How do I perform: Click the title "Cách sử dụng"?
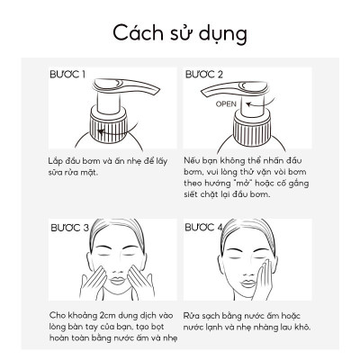pos(179,32)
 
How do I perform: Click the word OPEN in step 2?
pos(227,103)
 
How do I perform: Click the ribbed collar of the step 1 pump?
pos(117,126)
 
